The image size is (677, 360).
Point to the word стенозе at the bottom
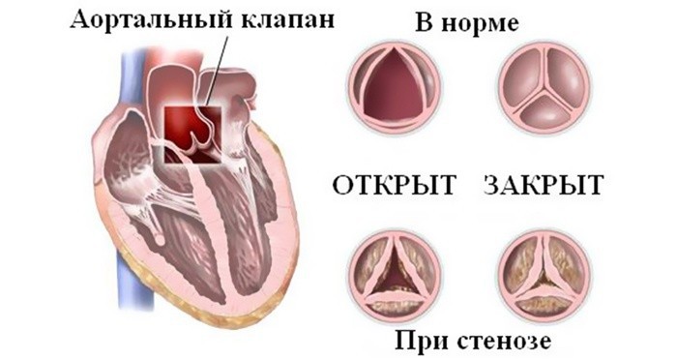[x=509, y=341]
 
